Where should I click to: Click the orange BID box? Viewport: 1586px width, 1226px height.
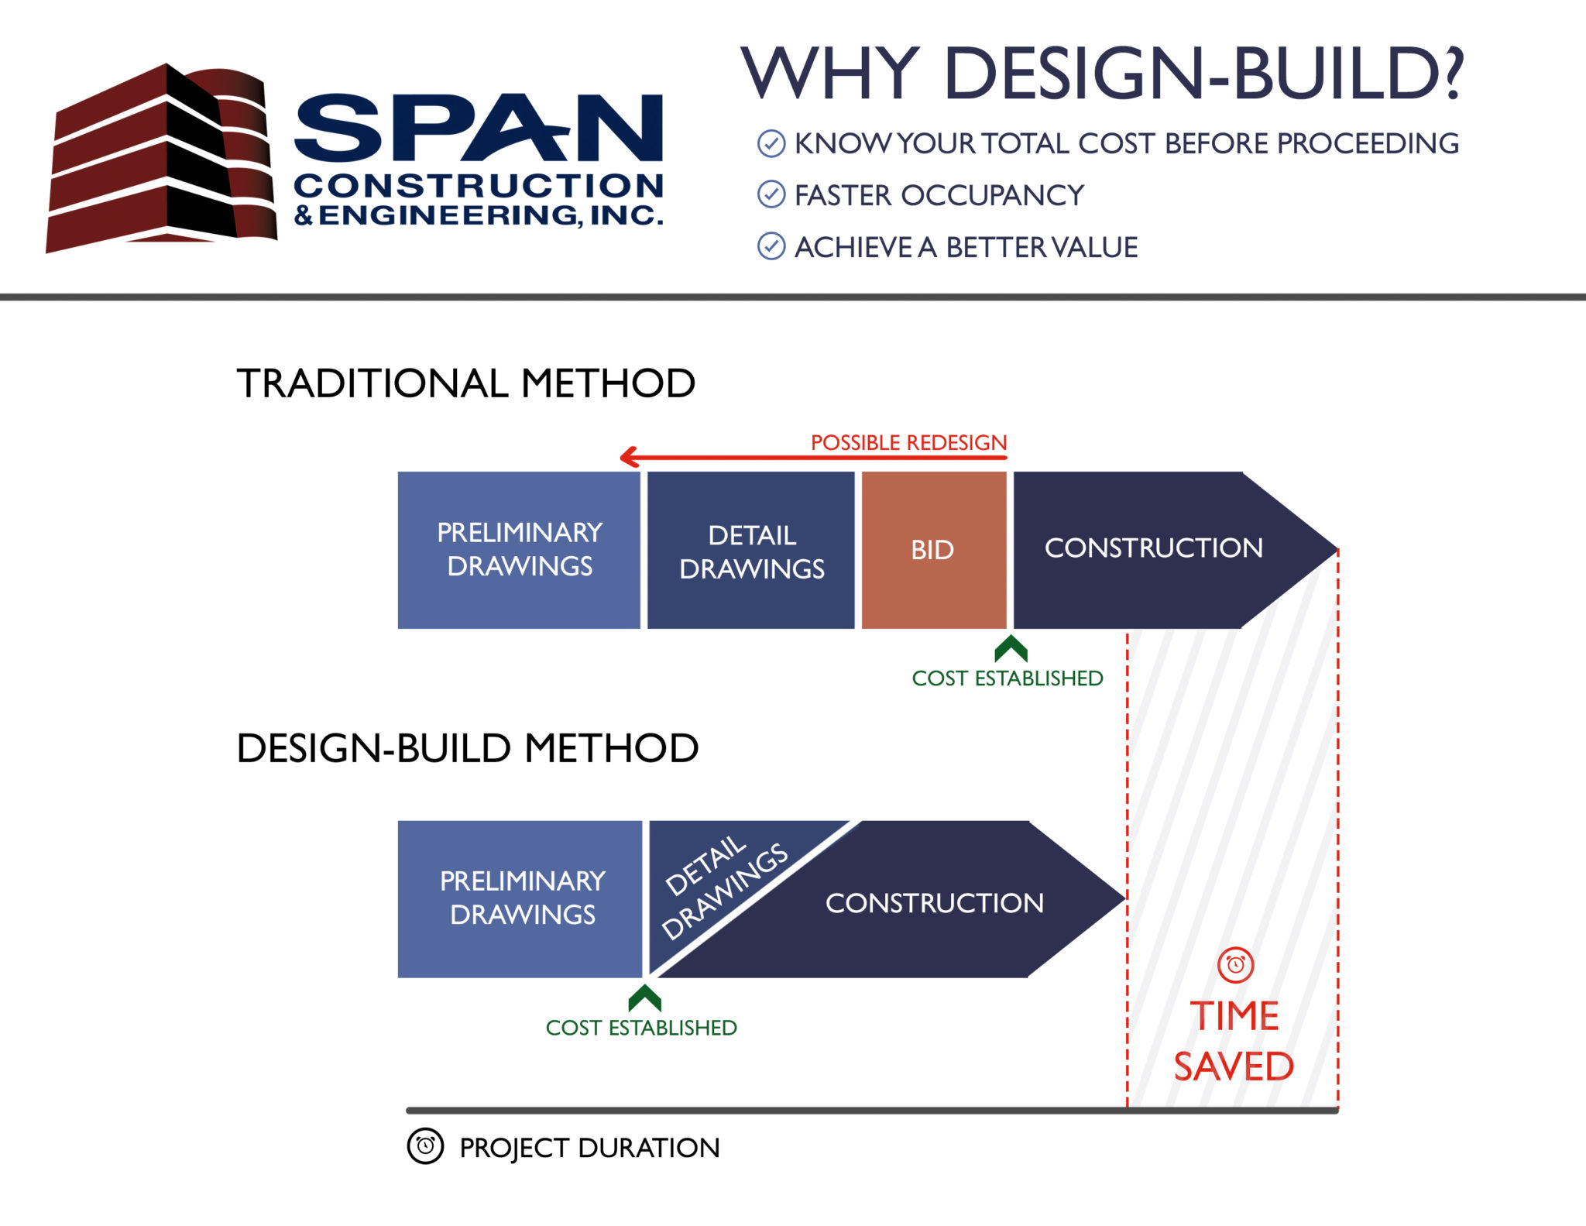934,550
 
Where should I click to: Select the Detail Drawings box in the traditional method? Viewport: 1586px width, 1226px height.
750,550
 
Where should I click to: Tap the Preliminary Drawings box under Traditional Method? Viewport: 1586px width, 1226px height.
519,550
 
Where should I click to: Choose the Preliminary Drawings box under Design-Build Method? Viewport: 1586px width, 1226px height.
520,899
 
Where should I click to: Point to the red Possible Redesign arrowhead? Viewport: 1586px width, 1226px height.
629,457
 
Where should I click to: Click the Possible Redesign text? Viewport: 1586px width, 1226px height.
908,442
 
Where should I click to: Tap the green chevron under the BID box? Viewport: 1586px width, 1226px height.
1011,649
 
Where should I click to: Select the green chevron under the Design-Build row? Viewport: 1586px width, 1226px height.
644,998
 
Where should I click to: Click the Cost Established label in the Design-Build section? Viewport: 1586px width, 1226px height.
641,1028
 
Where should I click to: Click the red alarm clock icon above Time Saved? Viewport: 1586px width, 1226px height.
1235,965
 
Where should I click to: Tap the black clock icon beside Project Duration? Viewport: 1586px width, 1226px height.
425,1145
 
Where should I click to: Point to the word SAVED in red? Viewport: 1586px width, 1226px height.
1234,1067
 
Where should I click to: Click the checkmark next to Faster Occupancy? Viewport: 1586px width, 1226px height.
771,194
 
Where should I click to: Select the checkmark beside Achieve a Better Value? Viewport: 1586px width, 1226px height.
771,246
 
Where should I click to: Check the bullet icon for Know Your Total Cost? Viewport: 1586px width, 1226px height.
771,143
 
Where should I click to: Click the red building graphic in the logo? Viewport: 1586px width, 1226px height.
161,159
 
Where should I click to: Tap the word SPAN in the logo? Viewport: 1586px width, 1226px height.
479,128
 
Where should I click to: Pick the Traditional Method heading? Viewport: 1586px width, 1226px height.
466,383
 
